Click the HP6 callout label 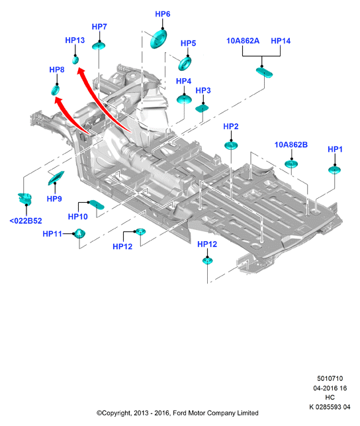click(x=163, y=14)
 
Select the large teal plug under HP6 click(x=158, y=39)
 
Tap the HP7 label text click(x=99, y=27)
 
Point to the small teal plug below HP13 click(x=75, y=60)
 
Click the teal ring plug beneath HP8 click(x=56, y=90)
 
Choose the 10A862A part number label click(x=243, y=41)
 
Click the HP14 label click(x=281, y=41)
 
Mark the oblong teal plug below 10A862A click(x=264, y=72)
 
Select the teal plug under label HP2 click(x=231, y=145)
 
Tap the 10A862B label click(x=291, y=144)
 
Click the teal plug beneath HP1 click(x=334, y=170)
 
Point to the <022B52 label click(x=26, y=221)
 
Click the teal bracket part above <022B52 click(x=25, y=199)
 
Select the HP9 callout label click(x=54, y=199)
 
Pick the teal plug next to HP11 click(x=79, y=233)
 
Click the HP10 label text click(x=78, y=217)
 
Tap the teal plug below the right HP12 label click(x=208, y=261)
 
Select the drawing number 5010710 click(x=330, y=378)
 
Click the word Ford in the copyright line click(x=179, y=413)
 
